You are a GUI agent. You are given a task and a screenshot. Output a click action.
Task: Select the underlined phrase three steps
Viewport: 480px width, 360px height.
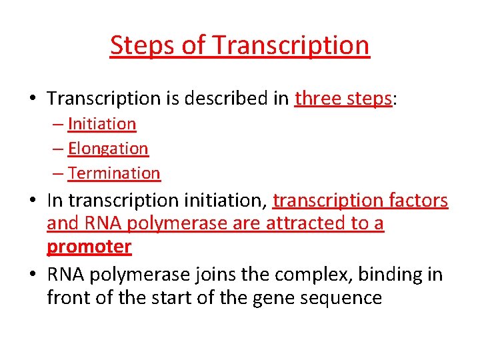tap(343, 99)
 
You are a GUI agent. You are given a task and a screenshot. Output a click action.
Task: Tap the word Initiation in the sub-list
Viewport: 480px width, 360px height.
tap(102, 124)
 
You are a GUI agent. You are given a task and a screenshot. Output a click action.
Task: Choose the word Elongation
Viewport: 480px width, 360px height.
tap(108, 149)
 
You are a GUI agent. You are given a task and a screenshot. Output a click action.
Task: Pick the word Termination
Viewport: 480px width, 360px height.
tap(114, 173)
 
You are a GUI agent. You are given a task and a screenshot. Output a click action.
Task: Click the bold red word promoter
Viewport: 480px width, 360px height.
tap(89, 247)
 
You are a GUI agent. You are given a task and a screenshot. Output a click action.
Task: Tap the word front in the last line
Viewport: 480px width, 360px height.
tap(68, 297)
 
